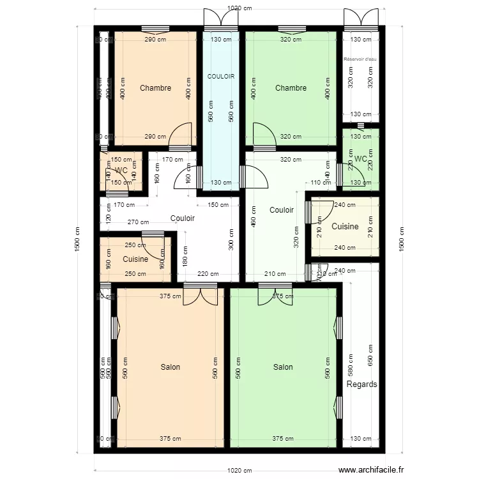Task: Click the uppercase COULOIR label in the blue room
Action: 221,77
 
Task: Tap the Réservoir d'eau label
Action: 360,59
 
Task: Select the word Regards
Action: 361,384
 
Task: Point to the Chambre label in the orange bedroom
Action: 155,88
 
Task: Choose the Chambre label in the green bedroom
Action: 291,88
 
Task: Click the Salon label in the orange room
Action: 170,367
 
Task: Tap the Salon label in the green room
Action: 283,367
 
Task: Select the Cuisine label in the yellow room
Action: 345,227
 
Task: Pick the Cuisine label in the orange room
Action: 135,259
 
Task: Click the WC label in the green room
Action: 360,159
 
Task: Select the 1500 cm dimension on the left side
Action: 77,240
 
